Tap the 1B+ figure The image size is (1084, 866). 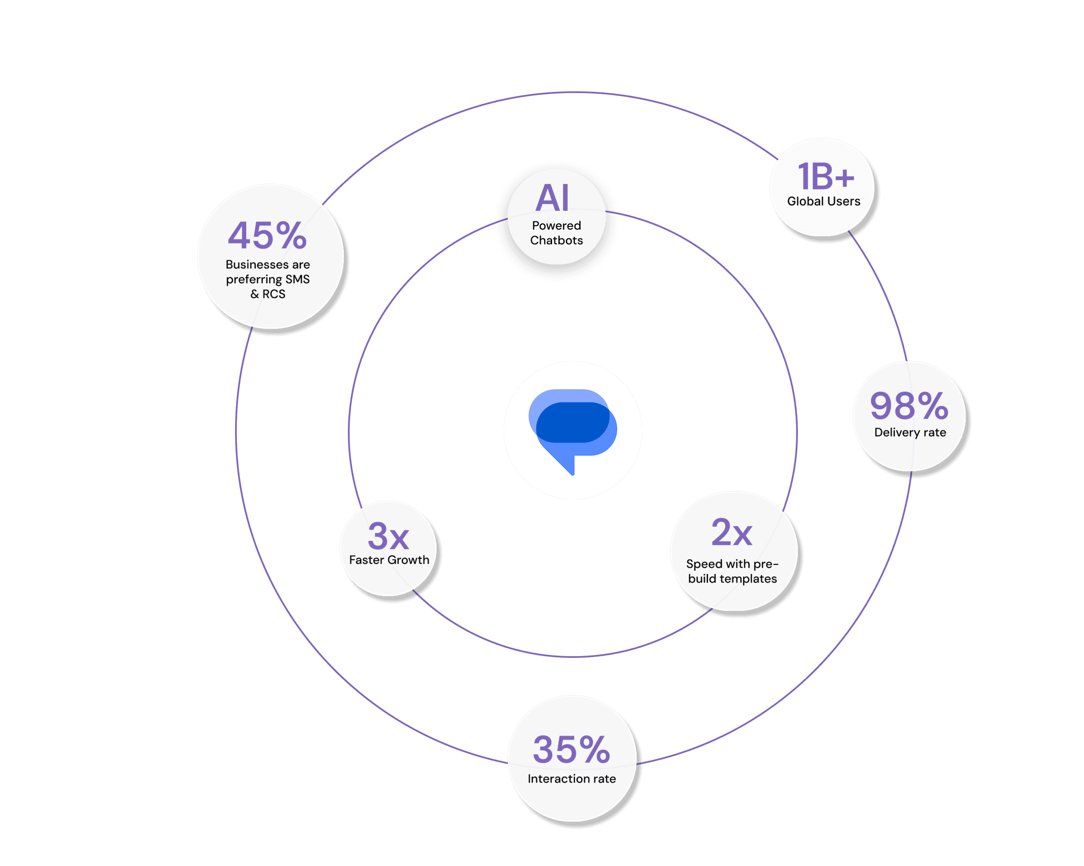coord(826,176)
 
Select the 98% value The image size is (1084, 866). coord(909,405)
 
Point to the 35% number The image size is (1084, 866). coord(572,749)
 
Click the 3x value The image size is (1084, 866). coord(388,536)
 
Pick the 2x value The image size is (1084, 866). coord(732,532)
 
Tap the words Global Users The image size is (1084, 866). coord(823,201)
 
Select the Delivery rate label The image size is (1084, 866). coord(910,433)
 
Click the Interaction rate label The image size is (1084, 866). coord(572,779)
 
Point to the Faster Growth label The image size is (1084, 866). coord(389,560)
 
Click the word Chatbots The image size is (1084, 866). coord(557,241)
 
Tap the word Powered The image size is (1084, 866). coord(557,226)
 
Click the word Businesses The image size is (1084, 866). coord(257,264)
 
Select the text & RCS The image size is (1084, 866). coord(268,294)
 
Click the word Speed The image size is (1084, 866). coord(704,564)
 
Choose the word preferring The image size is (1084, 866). coord(254,279)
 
